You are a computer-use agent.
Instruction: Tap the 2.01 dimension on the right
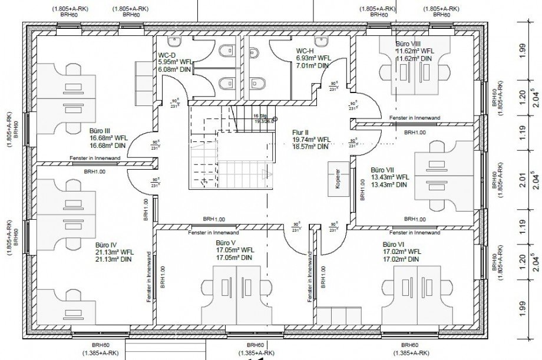coord(522,179)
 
